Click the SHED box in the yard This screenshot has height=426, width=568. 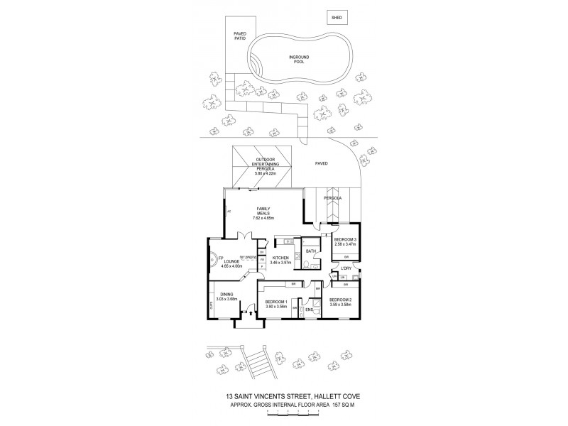click(x=335, y=16)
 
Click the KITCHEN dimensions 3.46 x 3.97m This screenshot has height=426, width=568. click(x=280, y=264)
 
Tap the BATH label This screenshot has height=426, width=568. click(x=311, y=251)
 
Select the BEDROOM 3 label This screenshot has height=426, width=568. click(x=346, y=240)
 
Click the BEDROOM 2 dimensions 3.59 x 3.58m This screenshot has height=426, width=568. click(x=339, y=304)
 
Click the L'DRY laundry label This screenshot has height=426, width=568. click(x=347, y=268)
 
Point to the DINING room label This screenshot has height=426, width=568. click(x=226, y=294)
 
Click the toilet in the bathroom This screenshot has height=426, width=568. click(x=304, y=264)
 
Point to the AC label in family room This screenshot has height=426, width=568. click(x=229, y=211)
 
